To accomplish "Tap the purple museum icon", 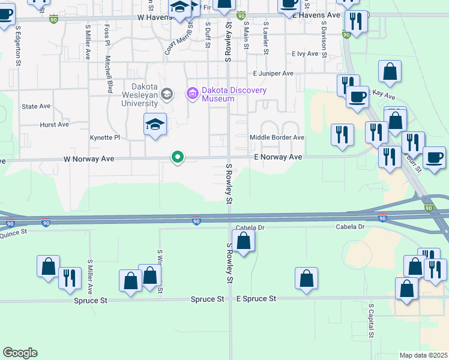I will click(193, 93).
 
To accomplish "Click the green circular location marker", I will click(178, 157).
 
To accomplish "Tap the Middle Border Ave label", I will click(277, 137).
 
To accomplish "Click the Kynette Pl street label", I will click(105, 137).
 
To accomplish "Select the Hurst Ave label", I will click(54, 125).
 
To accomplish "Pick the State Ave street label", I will click(36, 106).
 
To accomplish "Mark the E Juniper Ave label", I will click(273, 73).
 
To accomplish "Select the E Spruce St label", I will click(256, 298).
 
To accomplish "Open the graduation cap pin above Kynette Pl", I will click(155, 124).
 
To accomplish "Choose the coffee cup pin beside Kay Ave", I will click(358, 97).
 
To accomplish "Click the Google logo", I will click(20, 353).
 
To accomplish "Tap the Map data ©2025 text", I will click(423, 355).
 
